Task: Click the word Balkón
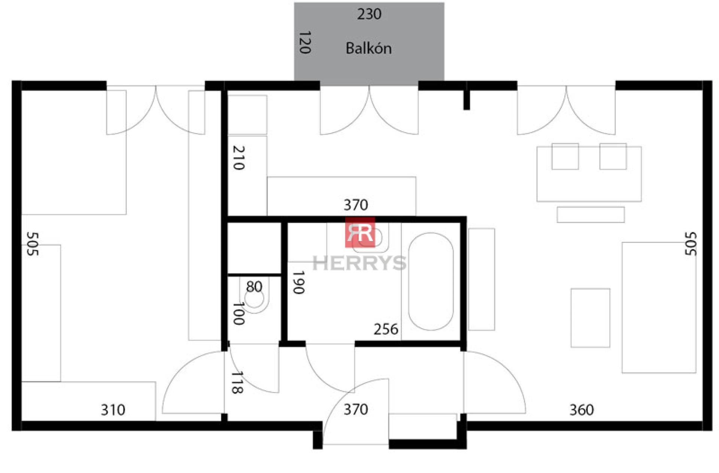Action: [368, 48]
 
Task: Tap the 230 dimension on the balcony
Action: [369, 14]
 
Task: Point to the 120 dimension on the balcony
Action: [305, 42]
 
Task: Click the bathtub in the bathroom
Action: [431, 281]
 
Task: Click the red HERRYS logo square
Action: [360, 232]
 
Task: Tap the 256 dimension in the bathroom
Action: [386, 329]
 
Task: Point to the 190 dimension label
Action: [298, 283]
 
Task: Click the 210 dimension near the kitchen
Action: [239, 158]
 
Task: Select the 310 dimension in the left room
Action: [113, 410]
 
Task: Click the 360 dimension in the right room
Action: [582, 410]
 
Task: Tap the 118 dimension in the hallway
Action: [237, 383]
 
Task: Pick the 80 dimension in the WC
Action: [254, 287]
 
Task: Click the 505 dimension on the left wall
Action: [33, 244]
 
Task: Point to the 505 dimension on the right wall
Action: [691, 244]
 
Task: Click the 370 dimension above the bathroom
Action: [356, 205]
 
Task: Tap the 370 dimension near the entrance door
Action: [356, 409]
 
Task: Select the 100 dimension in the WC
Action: [239, 313]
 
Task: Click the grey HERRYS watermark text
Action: [359, 263]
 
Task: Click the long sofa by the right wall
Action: [659, 307]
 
